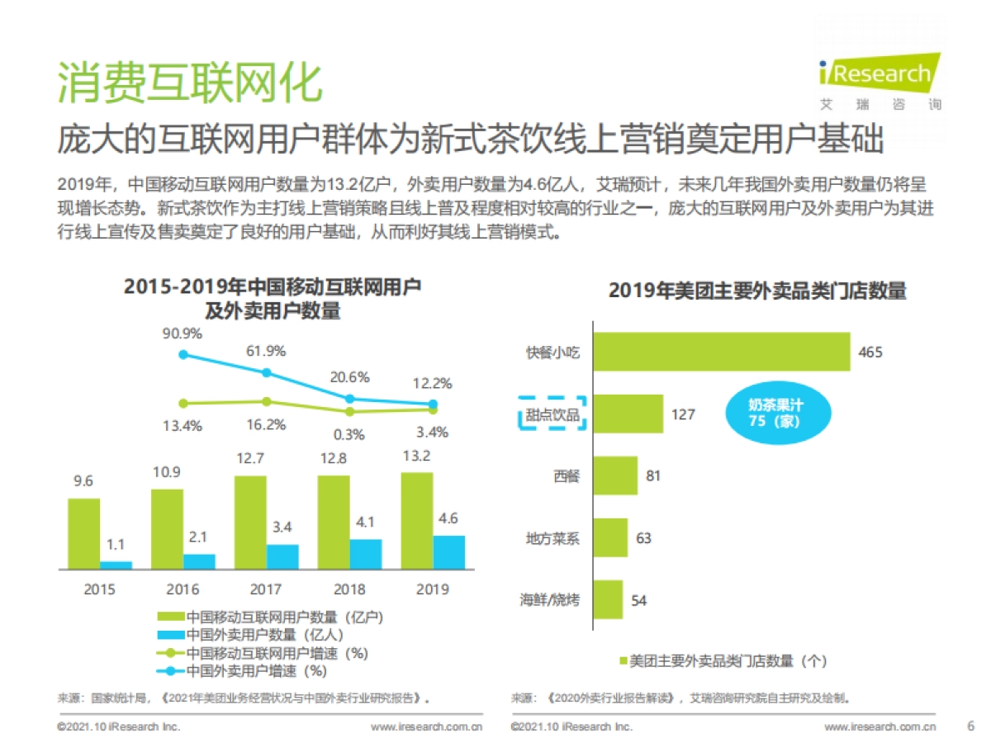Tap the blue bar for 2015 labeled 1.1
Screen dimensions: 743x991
coord(116,565)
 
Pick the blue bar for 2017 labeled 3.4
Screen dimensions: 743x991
coord(282,556)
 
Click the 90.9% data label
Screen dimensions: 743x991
coord(183,334)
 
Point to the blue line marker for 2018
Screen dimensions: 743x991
coord(349,399)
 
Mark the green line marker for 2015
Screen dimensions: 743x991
coord(183,404)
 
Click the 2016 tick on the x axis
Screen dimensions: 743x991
coord(183,589)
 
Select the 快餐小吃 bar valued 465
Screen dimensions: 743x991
coord(722,353)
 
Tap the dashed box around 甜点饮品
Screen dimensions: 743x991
coord(552,414)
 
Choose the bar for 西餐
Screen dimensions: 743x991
coord(615,476)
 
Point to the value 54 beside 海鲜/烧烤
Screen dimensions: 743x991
coord(638,600)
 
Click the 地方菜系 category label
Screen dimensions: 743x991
coord(552,538)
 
